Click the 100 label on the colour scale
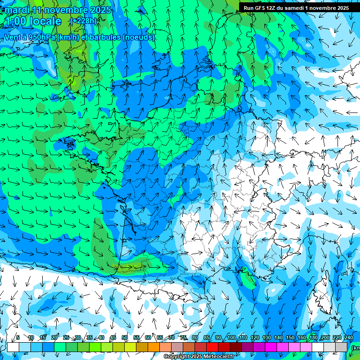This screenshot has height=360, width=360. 232,337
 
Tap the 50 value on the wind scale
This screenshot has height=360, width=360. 125,337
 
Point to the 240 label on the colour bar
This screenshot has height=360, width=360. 349,337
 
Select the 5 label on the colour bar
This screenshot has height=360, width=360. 18,337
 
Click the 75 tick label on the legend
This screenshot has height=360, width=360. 183,337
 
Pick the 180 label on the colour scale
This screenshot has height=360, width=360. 313,337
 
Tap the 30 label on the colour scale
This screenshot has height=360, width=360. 78,337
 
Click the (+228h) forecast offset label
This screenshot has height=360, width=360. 83,21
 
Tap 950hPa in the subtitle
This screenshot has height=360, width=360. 38,37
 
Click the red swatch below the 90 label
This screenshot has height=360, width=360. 218,347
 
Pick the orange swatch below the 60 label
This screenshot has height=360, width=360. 148,347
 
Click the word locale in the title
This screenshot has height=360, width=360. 45,21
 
